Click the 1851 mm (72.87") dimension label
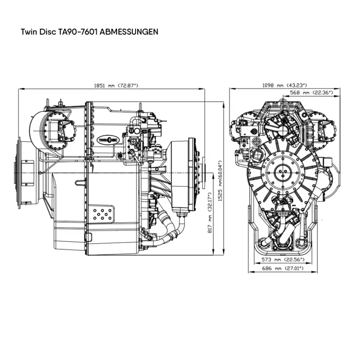[116, 85]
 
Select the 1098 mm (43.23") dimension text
[285, 85]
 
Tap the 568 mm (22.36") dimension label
[310, 92]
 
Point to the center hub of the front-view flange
[282, 172]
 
